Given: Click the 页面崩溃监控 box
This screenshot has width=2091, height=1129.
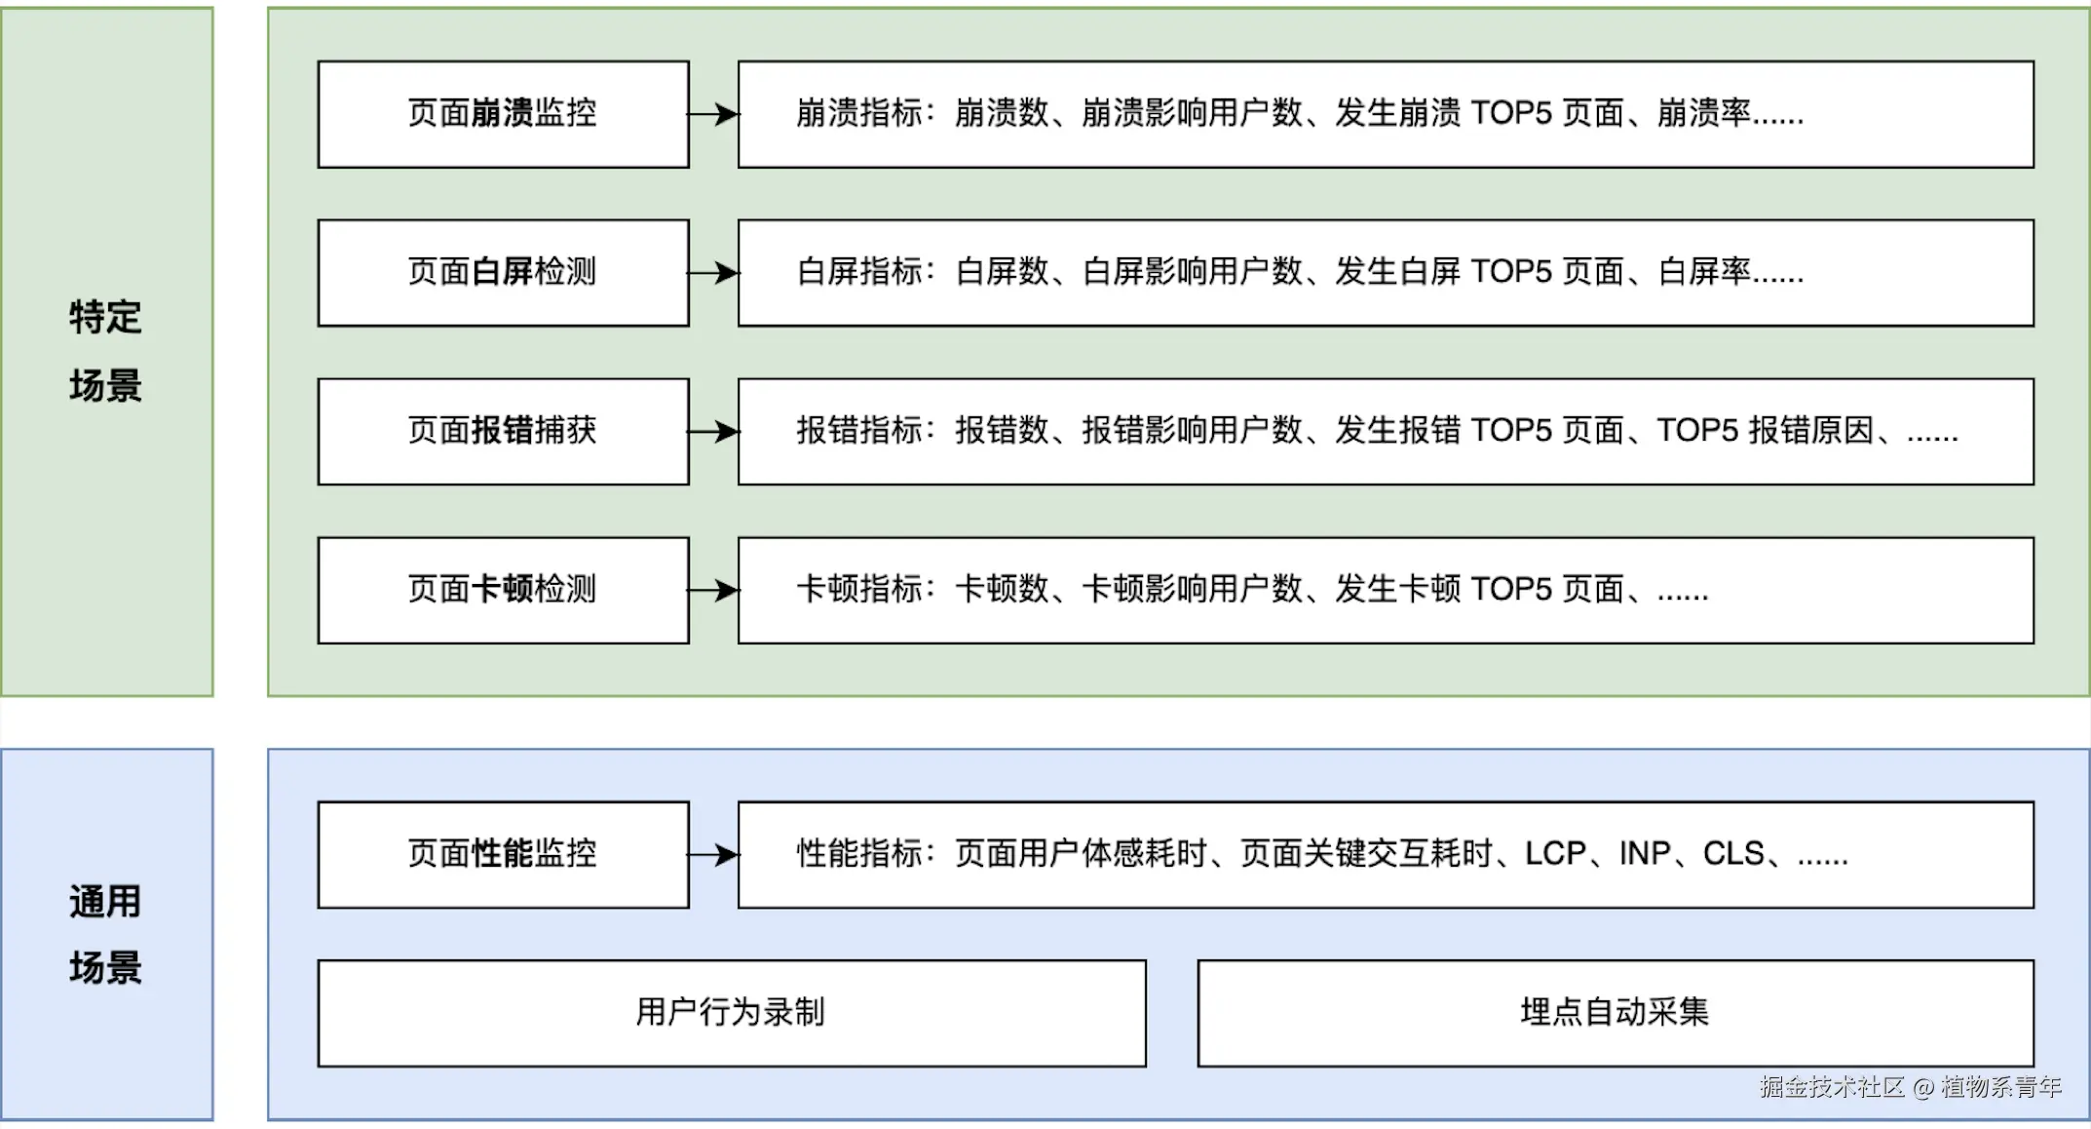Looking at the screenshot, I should pos(503,114).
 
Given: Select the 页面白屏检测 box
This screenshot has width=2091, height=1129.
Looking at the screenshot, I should pos(503,272).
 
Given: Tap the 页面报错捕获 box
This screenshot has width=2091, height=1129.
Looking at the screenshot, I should pos(503,431).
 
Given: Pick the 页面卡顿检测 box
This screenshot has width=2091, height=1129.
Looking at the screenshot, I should pos(503,590).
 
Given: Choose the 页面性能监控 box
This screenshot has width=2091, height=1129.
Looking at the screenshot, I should pos(503,854).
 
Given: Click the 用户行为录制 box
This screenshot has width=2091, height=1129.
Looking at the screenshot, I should pos(731,1013).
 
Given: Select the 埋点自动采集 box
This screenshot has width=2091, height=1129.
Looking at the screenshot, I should pos(1615,1013).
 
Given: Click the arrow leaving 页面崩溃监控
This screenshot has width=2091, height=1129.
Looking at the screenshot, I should pos(714,114).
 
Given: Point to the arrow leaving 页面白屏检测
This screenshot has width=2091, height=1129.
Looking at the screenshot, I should pos(714,272).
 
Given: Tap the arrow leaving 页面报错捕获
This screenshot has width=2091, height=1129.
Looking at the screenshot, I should pos(714,431).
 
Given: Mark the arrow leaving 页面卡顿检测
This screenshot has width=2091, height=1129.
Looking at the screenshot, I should pos(714,590).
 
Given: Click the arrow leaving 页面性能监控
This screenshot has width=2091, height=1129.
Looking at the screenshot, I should pos(714,855).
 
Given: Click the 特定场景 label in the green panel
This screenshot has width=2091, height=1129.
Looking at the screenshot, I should pos(106,351).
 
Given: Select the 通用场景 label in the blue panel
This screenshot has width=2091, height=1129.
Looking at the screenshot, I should pos(106,934).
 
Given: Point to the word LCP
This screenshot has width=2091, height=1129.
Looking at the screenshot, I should pos(1555,854).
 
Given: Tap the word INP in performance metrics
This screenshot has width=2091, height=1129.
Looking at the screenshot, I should pos(1645,854).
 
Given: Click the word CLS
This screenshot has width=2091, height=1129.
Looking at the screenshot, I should pos(1733,854).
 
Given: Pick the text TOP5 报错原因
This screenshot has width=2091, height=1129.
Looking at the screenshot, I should pos(1765,430).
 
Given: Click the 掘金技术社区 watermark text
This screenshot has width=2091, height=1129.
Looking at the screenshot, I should pos(1832,1087).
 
